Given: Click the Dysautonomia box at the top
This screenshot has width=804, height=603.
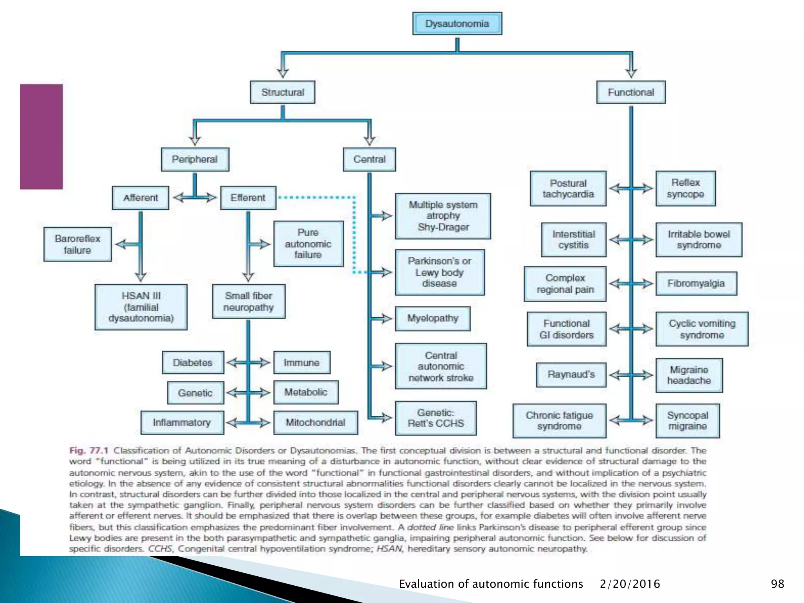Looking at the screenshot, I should [x=457, y=24].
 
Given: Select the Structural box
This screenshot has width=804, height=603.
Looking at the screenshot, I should [x=283, y=92].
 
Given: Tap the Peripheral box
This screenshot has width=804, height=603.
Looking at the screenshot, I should [x=195, y=159].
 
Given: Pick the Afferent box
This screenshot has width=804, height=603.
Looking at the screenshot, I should [x=141, y=198].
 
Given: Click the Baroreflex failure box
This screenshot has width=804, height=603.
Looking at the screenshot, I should [x=77, y=244].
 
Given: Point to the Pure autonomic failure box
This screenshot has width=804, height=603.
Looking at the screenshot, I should [x=308, y=244].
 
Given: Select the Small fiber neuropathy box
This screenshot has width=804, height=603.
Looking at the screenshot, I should [x=249, y=301].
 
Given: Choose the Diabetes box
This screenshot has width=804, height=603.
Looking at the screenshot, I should [x=193, y=362].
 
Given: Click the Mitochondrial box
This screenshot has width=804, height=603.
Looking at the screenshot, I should [x=315, y=422].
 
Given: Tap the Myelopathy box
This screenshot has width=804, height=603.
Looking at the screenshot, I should [x=433, y=318].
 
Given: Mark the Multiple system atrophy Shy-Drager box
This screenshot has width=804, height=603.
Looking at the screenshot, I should [x=443, y=216].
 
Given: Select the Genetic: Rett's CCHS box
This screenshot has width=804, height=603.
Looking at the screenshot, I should [x=436, y=418].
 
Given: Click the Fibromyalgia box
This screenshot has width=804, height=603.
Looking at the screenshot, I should [x=696, y=283].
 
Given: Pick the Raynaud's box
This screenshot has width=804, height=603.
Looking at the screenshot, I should [x=571, y=375].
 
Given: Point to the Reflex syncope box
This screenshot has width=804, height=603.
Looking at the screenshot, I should [x=685, y=188].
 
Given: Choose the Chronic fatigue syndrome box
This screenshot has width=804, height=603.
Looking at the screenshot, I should [x=559, y=421].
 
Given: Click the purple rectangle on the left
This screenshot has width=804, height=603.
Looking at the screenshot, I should [x=41, y=137].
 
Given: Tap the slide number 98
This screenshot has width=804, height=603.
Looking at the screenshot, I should [x=777, y=584].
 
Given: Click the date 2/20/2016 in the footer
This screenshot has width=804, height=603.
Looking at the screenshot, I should [x=630, y=584].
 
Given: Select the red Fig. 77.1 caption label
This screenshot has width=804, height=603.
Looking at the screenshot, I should [x=89, y=450].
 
